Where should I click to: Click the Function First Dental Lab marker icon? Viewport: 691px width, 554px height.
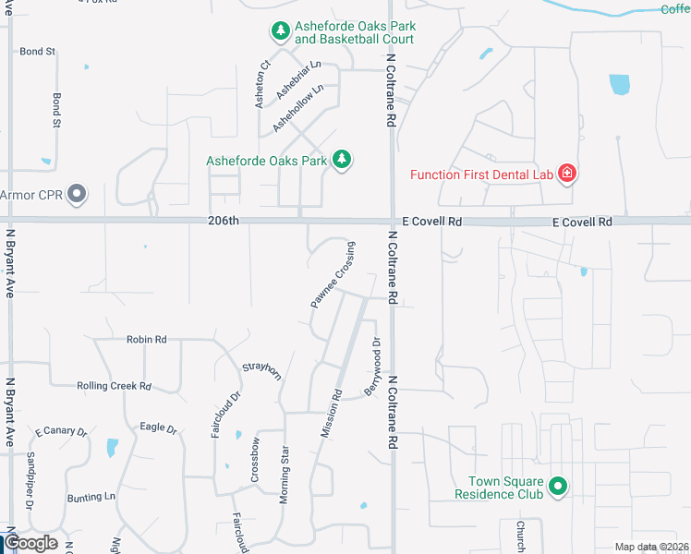(565, 174)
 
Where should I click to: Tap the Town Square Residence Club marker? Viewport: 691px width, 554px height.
(558, 486)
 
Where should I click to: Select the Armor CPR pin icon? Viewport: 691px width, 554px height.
(78, 195)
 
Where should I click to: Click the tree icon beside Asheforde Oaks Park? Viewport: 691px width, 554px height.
(343, 160)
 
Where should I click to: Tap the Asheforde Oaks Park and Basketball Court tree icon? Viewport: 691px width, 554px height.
(280, 32)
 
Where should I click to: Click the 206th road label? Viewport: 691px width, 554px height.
(223, 221)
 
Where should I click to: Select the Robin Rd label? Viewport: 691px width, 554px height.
(147, 340)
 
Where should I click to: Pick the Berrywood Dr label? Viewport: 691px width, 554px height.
(372, 367)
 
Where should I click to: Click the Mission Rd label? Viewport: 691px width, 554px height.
(331, 413)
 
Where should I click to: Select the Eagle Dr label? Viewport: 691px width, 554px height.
(158, 428)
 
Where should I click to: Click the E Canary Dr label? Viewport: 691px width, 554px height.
(61, 431)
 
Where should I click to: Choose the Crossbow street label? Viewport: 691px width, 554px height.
(255, 459)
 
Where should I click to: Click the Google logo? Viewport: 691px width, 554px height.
(31, 543)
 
